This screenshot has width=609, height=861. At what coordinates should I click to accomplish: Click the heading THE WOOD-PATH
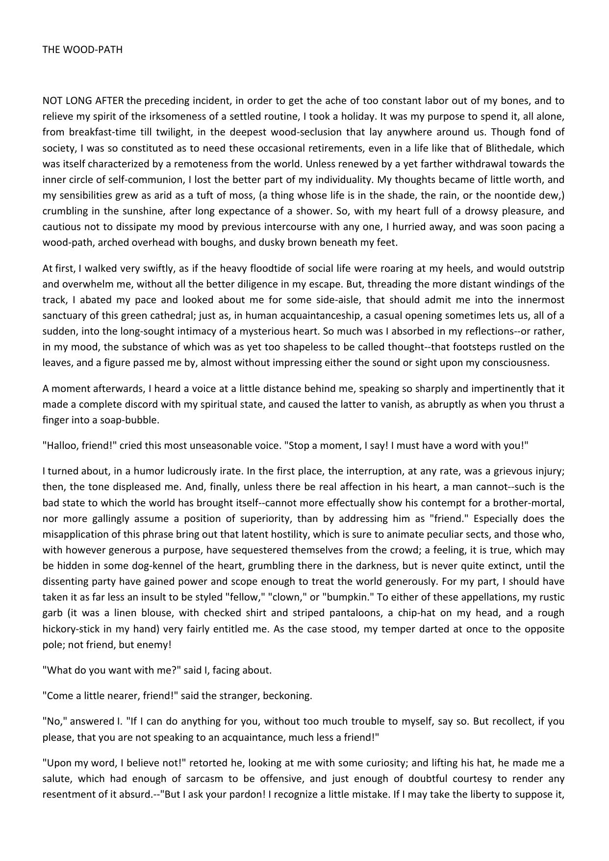tap(82, 50)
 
